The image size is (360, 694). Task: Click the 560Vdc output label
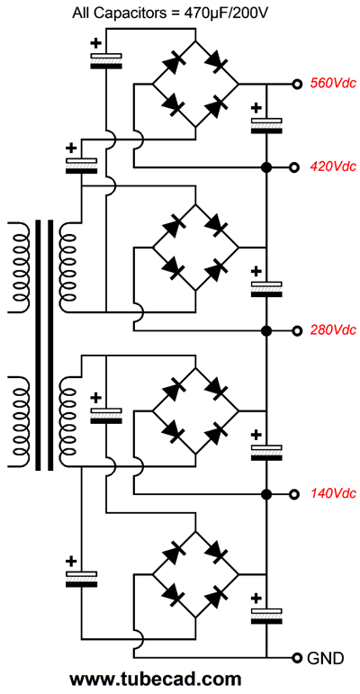tap(333, 83)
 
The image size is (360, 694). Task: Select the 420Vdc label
tap(333, 167)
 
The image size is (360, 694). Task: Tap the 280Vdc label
tap(333, 330)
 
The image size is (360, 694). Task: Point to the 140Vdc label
tap(333, 493)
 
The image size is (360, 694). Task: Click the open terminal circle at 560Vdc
tap(296, 84)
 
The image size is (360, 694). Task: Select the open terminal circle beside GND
tap(296, 658)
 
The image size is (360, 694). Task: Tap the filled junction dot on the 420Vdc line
tap(266, 167)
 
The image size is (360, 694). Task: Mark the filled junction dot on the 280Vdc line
tap(266, 330)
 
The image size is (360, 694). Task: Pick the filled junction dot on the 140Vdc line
tap(266, 494)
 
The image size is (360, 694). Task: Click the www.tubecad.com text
tap(156, 680)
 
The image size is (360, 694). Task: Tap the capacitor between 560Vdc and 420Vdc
tap(266, 125)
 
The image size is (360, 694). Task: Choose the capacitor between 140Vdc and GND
tap(266, 616)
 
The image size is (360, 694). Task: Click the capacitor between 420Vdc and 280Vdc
tap(266, 289)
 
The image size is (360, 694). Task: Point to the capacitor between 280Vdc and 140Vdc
tap(266, 452)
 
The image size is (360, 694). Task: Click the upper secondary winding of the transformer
tap(67, 266)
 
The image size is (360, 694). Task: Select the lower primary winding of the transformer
tap(19, 422)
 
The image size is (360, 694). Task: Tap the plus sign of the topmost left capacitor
tap(95, 43)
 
